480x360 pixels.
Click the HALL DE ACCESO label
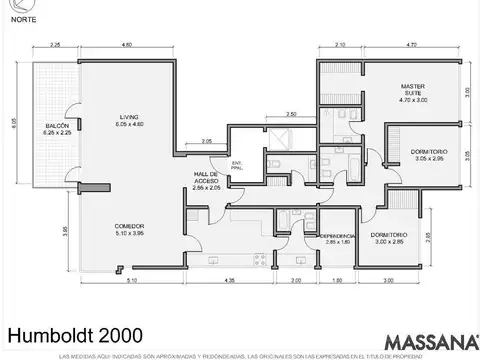click(207, 178)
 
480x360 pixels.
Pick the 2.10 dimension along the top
click(340, 46)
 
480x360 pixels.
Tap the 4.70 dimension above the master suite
click(413, 46)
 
